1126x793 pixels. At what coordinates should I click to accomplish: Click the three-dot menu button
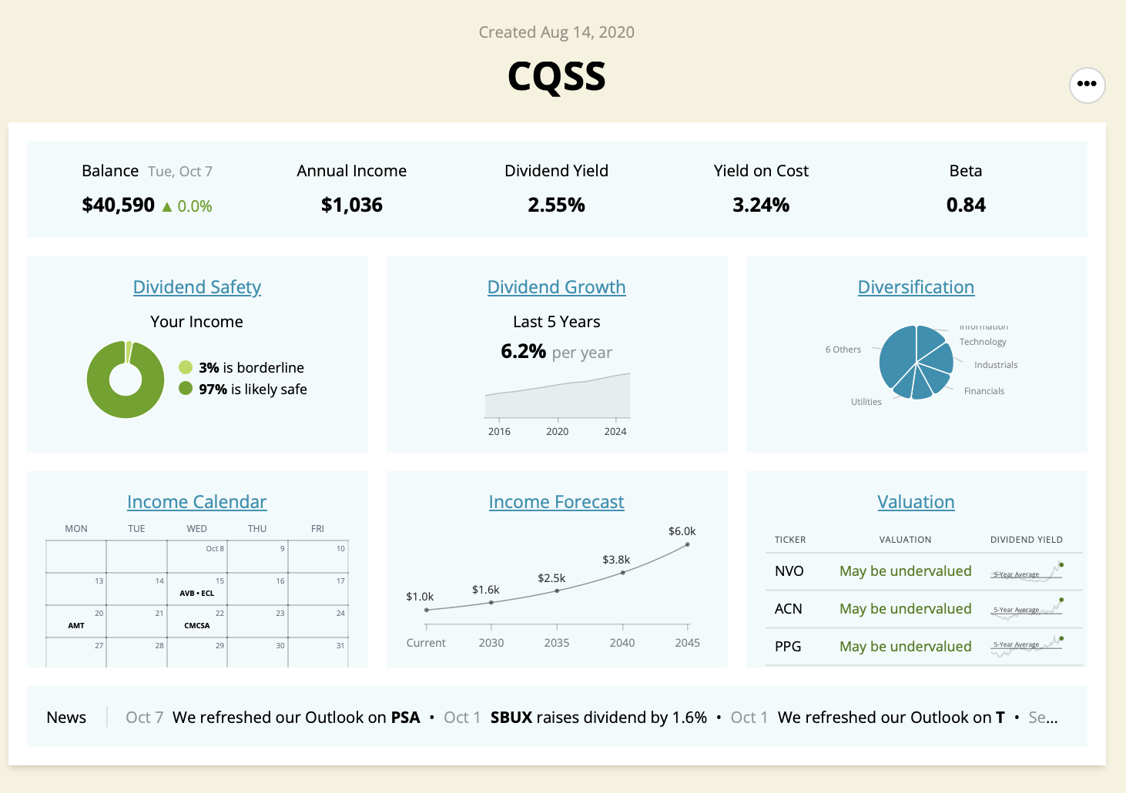click(1087, 85)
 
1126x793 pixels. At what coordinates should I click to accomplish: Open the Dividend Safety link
click(197, 287)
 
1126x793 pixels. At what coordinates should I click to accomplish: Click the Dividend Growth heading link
click(556, 287)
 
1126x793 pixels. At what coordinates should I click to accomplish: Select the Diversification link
click(916, 287)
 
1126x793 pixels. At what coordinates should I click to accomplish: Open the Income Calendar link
click(197, 502)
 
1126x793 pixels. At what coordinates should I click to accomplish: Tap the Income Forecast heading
click(556, 502)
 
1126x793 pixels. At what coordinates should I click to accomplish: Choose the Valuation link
click(916, 502)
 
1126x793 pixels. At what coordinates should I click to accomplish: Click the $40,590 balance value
click(119, 205)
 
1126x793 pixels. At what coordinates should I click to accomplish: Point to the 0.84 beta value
click(966, 205)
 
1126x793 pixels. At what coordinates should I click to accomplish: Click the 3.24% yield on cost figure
click(761, 205)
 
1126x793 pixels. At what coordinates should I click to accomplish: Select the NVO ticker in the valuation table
click(789, 571)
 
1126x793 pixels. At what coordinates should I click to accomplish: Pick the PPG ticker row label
click(788, 647)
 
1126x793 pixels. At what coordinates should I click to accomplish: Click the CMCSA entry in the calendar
click(197, 626)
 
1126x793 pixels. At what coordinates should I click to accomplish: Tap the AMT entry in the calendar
click(76, 626)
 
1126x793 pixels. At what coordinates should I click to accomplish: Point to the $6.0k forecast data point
click(687, 544)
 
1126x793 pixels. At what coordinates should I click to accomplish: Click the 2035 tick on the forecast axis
click(557, 643)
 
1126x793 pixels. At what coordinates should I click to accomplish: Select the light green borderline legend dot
click(186, 367)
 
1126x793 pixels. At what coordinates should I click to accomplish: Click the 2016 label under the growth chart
click(499, 432)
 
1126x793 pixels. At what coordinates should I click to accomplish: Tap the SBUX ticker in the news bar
click(511, 718)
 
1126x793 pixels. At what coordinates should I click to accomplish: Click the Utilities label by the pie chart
click(866, 402)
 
